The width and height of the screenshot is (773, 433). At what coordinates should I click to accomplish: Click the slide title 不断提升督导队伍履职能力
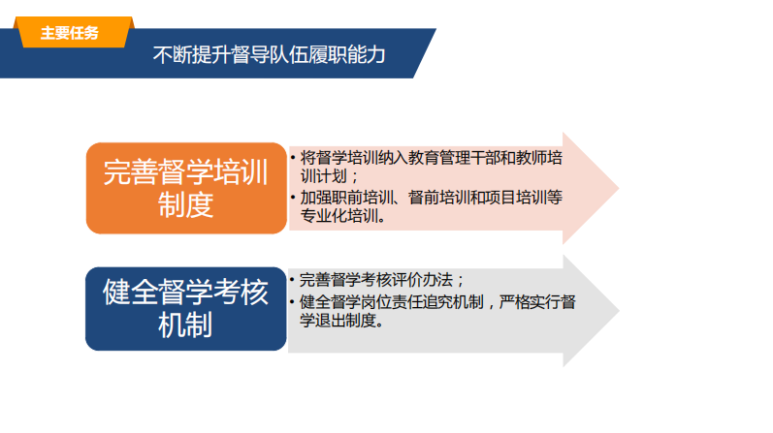tap(270, 54)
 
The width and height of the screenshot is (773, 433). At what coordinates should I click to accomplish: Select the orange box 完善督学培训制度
tap(186, 188)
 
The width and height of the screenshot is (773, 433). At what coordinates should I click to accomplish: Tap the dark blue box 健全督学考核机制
tap(186, 309)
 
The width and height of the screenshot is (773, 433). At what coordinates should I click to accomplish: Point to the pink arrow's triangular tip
tap(618, 188)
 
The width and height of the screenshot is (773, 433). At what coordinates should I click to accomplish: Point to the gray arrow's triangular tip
tap(619, 311)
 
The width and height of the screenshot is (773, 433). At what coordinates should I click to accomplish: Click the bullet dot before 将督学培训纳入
tap(293, 158)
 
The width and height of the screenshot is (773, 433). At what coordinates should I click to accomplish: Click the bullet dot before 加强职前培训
tap(293, 198)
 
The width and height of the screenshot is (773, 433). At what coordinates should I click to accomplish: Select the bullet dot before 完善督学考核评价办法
tap(292, 280)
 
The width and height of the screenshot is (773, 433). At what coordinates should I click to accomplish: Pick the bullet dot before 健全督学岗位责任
tap(292, 301)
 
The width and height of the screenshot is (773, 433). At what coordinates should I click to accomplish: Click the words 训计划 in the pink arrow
tap(324, 176)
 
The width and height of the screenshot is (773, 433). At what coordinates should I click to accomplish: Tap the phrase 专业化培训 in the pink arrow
tap(339, 216)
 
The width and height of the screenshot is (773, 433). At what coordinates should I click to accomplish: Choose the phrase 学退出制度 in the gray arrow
tap(338, 321)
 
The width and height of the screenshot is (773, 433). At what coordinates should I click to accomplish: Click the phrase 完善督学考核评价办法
tap(376, 280)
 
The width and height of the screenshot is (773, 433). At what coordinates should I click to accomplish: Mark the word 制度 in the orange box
tap(185, 205)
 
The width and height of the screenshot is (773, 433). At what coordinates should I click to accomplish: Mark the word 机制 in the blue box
tap(185, 325)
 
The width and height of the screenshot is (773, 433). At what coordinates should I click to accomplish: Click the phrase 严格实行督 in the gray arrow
tap(537, 301)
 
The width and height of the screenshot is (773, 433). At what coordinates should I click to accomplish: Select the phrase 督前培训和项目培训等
tap(486, 198)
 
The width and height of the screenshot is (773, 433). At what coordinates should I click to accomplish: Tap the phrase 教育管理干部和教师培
tap(486, 158)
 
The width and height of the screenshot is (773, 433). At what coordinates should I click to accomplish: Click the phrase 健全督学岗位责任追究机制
tap(392, 301)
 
